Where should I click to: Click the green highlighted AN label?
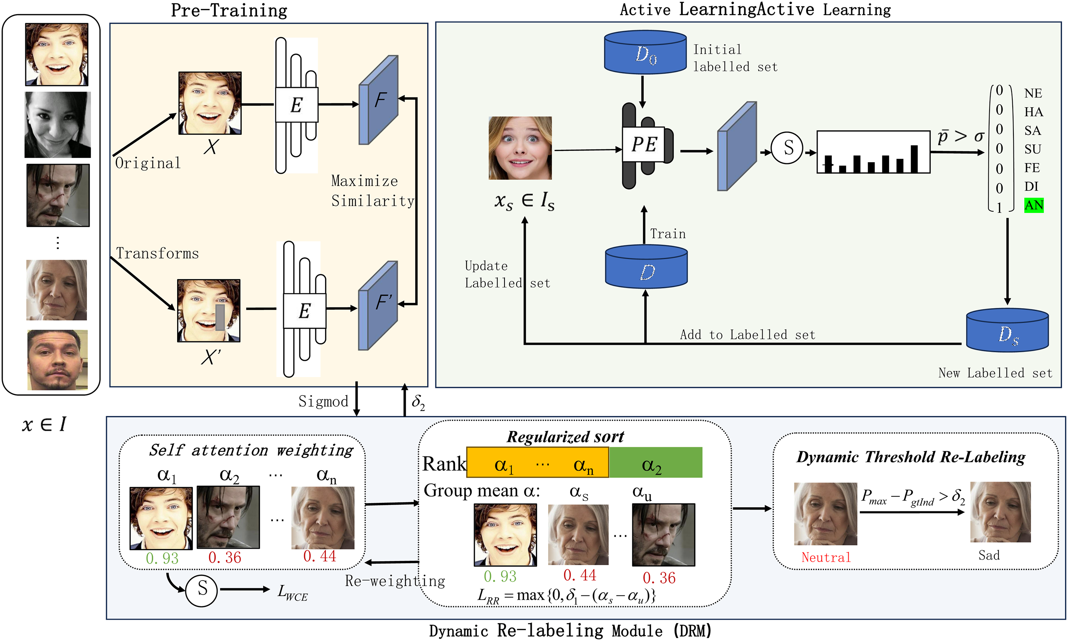click(1034, 205)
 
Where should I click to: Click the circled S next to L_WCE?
click(201, 589)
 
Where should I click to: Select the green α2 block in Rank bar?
click(655, 464)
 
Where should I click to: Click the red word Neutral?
click(825, 558)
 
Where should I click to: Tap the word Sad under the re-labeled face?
click(989, 555)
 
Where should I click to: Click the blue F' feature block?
click(379, 306)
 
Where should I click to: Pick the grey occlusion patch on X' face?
click(220, 318)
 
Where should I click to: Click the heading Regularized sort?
click(565, 437)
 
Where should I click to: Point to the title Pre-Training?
click(229, 10)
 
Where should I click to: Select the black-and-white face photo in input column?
click(58, 125)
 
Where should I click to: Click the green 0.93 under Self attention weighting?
click(162, 558)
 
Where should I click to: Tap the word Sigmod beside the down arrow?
click(323, 402)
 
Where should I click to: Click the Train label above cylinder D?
click(667, 234)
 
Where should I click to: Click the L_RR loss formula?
click(566, 596)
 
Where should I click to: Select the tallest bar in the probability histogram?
click(914, 159)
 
